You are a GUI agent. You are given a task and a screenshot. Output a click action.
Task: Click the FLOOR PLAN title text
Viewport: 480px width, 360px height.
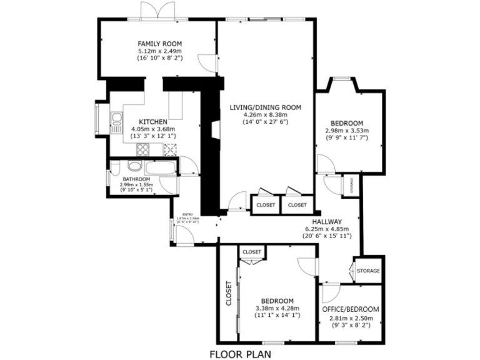tap(239, 354)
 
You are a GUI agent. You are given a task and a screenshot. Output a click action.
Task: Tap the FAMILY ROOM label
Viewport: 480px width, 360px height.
tap(159, 43)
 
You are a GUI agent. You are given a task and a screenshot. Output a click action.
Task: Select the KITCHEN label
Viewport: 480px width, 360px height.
tap(152, 121)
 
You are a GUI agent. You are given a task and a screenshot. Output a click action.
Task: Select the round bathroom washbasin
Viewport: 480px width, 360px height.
tap(132, 166)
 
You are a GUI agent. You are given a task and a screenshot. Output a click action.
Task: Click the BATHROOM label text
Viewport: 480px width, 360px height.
tap(136, 179)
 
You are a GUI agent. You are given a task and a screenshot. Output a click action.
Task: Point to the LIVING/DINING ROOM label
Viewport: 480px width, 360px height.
tap(265, 107)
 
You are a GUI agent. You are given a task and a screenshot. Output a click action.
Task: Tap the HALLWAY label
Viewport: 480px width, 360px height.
tap(327, 221)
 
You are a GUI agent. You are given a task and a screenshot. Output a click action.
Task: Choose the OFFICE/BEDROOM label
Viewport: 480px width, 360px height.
tap(350, 309)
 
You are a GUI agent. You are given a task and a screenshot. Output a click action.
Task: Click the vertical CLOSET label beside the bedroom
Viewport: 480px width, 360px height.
tap(228, 294)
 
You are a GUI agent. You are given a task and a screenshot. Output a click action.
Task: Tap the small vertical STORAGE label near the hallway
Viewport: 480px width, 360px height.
tap(351, 186)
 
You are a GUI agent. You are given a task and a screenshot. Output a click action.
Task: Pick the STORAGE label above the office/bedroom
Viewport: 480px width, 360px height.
tap(368, 271)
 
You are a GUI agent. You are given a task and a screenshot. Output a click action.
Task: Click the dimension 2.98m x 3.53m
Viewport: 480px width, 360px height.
tap(347, 131)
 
